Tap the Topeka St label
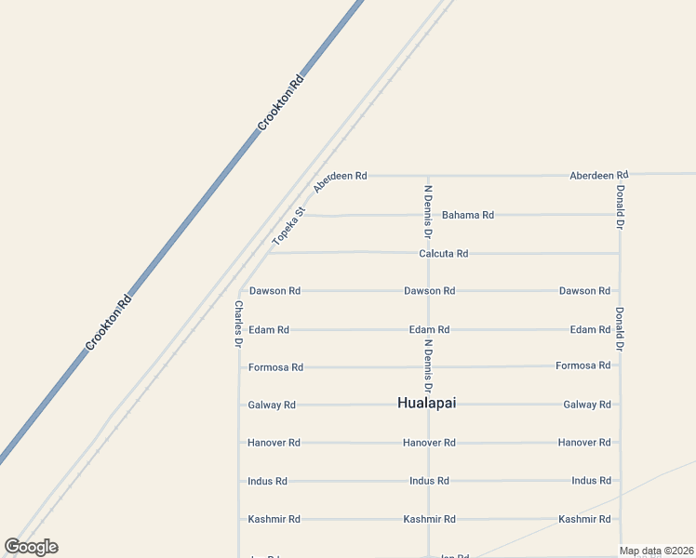click(288, 226)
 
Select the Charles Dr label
click(239, 324)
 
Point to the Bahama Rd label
click(467, 215)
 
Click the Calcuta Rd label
click(443, 253)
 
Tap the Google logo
click(32, 547)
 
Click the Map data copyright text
click(657, 551)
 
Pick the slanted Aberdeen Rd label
click(328, 181)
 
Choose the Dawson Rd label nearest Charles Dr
click(274, 291)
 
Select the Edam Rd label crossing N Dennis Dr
click(429, 329)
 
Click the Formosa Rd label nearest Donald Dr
click(582, 365)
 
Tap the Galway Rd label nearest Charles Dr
click(272, 405)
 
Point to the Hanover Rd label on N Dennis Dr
click(429, 443)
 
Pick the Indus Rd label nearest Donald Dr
click(591, 481)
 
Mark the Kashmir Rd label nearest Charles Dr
click(274, 519)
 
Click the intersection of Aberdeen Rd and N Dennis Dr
click(428, 175)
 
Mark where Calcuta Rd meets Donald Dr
click(620, 253)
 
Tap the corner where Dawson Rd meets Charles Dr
click(240, 290)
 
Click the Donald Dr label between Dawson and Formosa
click(620, 328)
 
